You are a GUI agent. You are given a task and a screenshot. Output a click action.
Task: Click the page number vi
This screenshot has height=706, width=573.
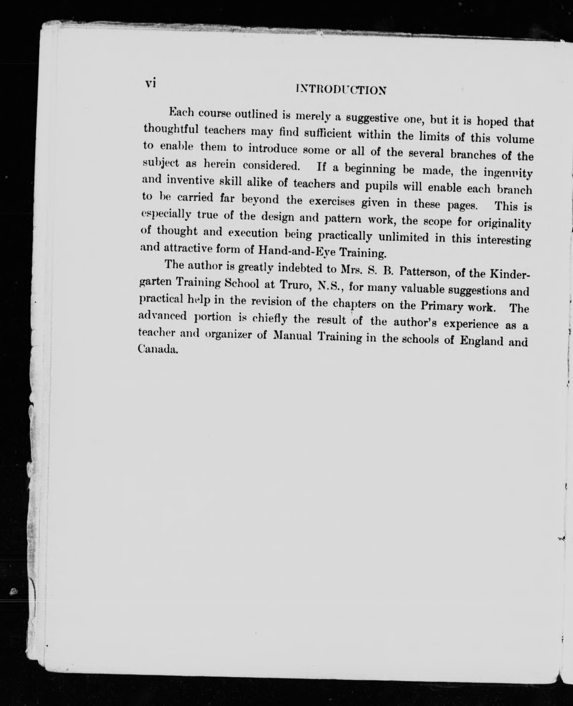(150, 83)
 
